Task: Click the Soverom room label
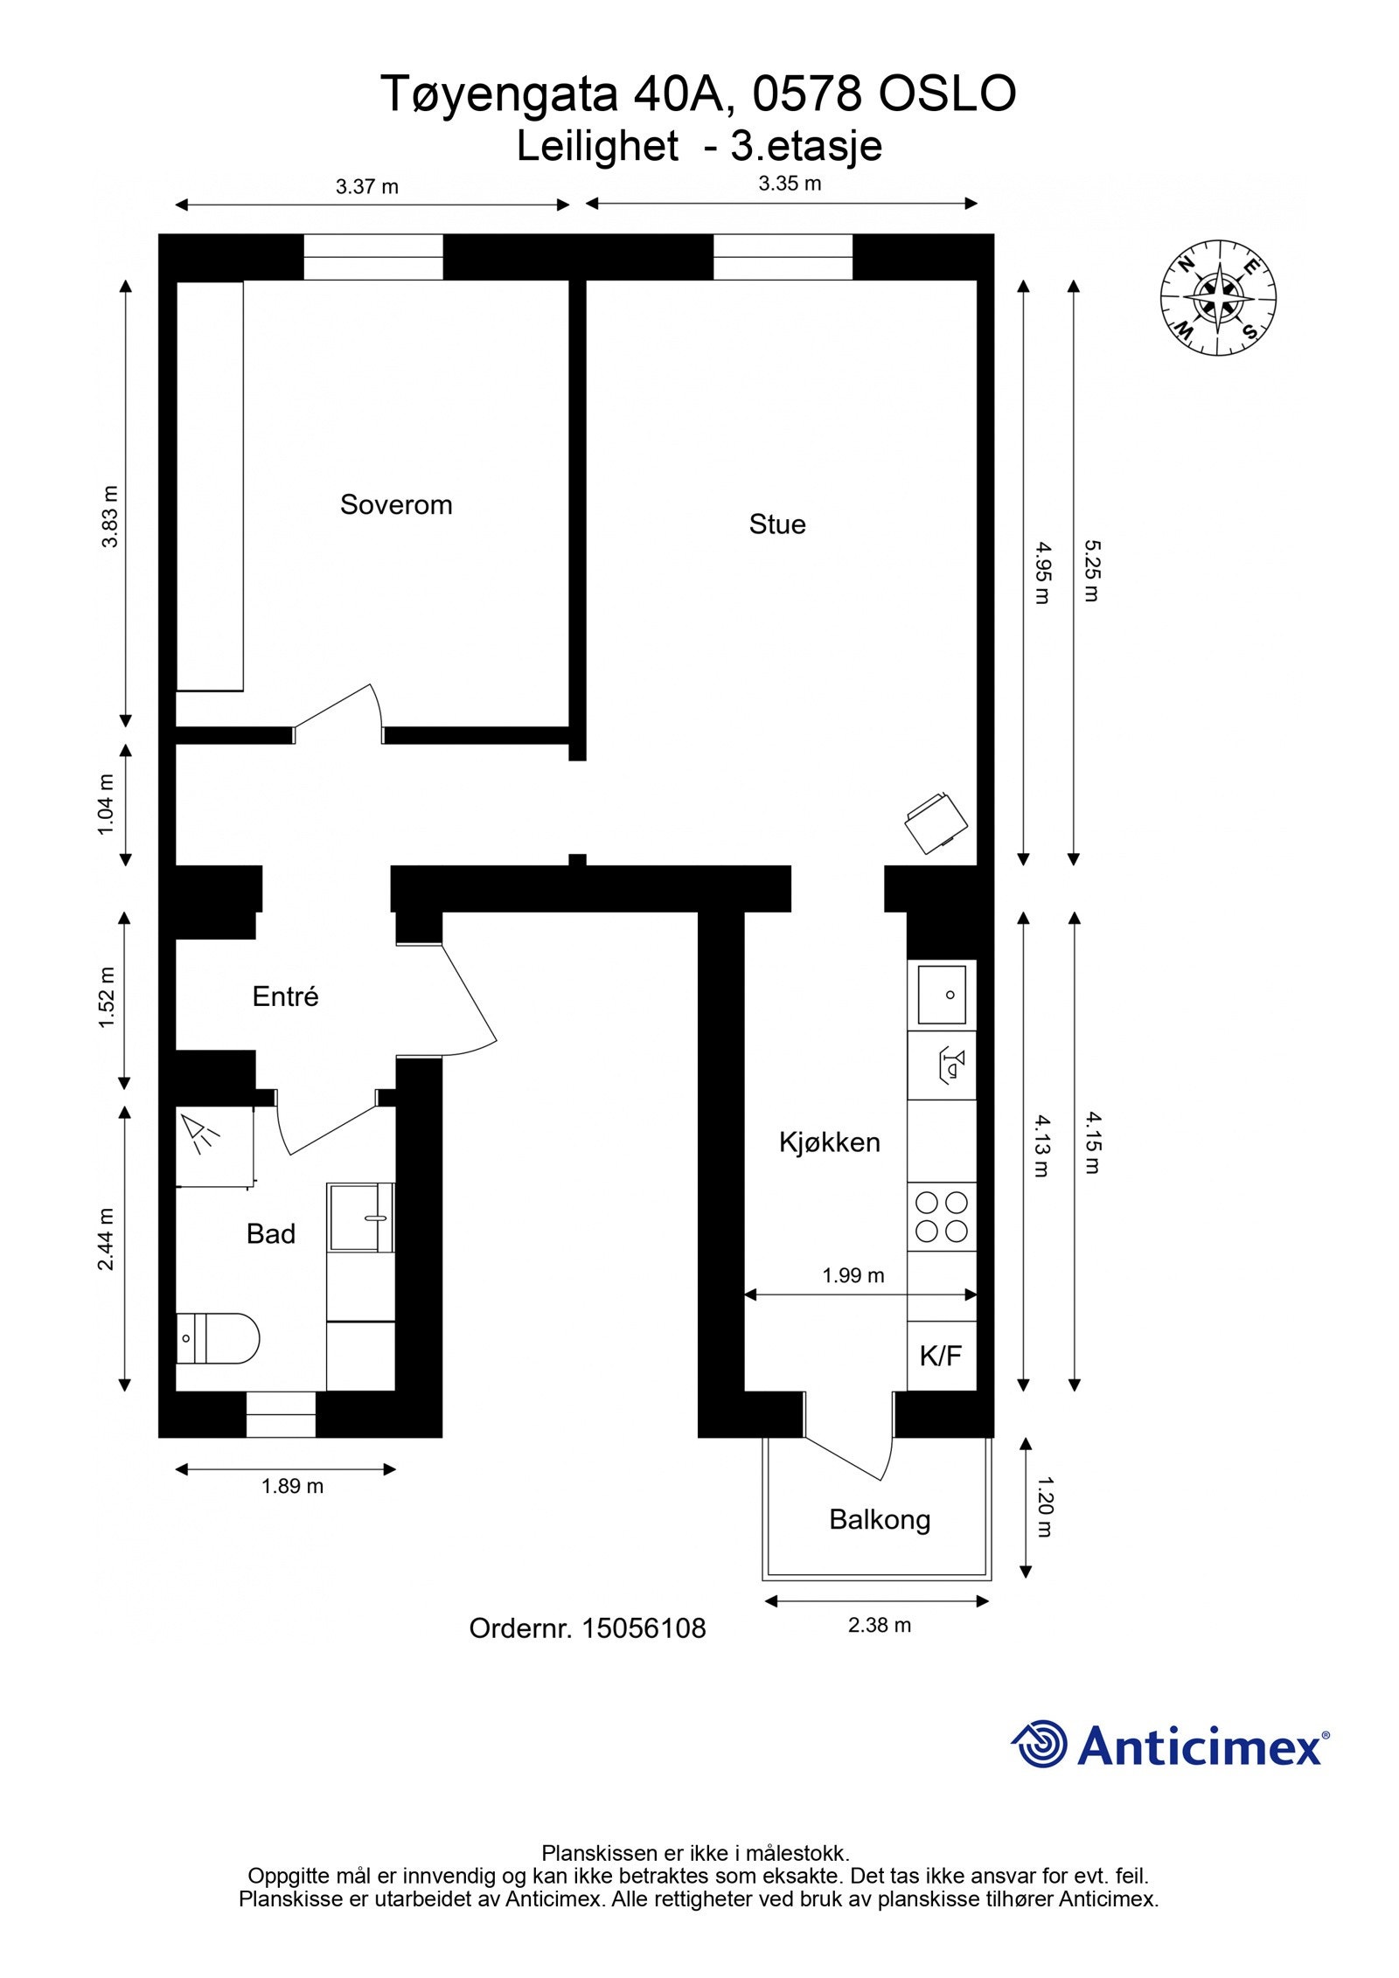pyautogui.click(x=395, y=504)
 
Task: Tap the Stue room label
pyautogui.click(x=776, y=524)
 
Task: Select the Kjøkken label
pyautogui.click(x=829, y=1142)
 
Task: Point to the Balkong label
pyautogui.click(x=879, y=1519)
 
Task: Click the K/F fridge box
pyautogui.click(x=940, y=1356)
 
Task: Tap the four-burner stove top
pyautogui.click(x=941, y=1217)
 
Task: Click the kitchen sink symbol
pyautogui.click(x=941, y=995)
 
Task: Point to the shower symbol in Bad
pyautogui.click(x=202, y=1135)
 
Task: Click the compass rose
pyautogui.click(x=1217, y=297)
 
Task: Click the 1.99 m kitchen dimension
pyautogui.click(x=853, y=1275)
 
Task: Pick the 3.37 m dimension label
pyautogui.click(x=366, y=186)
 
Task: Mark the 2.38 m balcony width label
pyautogui.click(x=879, y=1625)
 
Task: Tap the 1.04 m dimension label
pyautogui.click(x=106, y=804)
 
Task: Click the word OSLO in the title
pyautogui.click(x=947, y=94)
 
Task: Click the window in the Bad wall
pyautogui.click(x=280, y=1414)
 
